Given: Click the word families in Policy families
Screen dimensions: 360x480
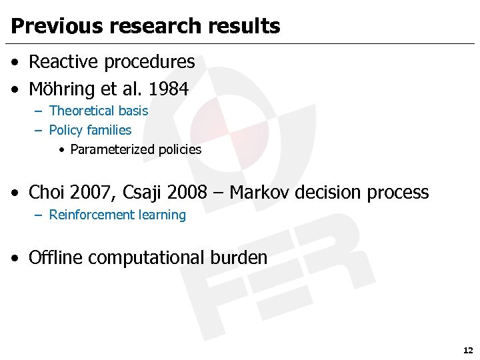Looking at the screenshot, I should (x=109, y=130).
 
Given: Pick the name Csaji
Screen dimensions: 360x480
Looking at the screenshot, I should (x=142, y=193).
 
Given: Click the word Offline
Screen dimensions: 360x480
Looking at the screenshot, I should (x=55, y=257).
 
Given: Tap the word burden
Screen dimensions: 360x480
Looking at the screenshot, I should (x=239, y=257).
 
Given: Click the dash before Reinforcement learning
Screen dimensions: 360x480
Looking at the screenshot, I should (x=38, y=215).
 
